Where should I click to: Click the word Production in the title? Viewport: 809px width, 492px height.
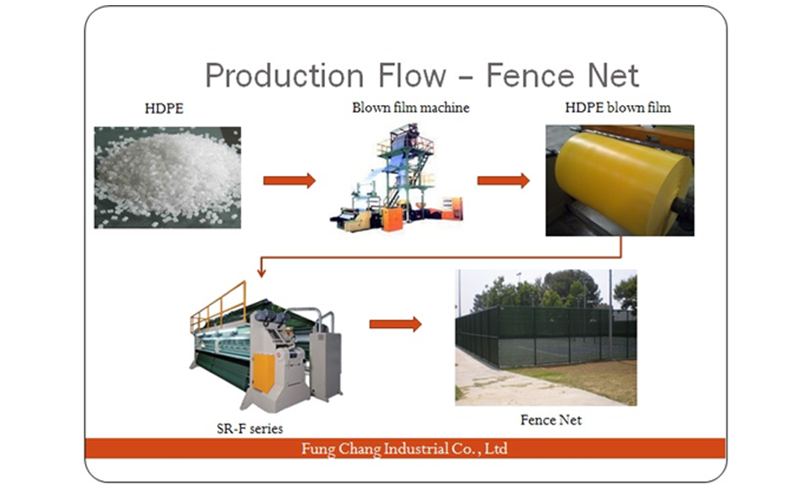tap(285, 76)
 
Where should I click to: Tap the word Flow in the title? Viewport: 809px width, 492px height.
tap(412, 75)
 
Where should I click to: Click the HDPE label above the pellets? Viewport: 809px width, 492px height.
tap(164, 108)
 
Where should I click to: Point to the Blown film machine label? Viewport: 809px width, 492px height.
tap(411, 107)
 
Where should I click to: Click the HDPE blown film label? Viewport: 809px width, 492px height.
tap(618, 107)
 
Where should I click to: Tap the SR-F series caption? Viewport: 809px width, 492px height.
tap(250, 428)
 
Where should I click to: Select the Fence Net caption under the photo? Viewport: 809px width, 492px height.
tap(551, 420)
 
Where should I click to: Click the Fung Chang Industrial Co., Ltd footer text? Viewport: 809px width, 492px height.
tap(404, 448)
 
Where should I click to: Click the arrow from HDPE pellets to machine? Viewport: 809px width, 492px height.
tap(289, 180)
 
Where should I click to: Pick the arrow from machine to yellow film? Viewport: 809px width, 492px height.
tap(503, 180)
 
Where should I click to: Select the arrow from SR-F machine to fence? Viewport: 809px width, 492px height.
tap(395, 324)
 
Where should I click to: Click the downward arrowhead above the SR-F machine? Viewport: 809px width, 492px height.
tap(262, 272)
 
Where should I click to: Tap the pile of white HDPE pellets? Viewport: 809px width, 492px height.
tap(168, 177)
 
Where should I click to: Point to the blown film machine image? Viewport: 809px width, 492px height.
tap(397, 177)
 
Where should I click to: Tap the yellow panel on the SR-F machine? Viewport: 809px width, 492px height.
tap(263, 373)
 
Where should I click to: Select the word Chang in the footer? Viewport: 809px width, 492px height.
tap(359, 449)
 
